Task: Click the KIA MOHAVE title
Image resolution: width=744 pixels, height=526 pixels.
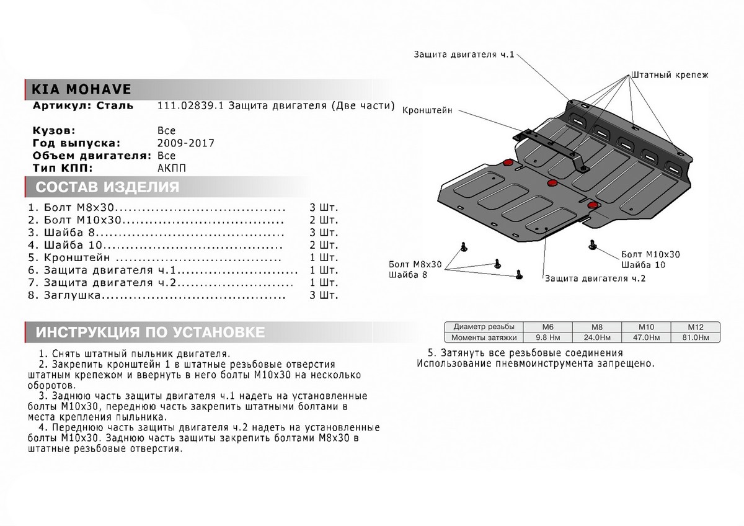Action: coord(77,89)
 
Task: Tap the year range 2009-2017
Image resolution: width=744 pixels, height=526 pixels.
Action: coord(187,143)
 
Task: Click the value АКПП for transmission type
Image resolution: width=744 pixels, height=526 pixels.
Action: coord(172,168)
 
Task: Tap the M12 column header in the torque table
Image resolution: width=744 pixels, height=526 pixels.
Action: coord(696,327)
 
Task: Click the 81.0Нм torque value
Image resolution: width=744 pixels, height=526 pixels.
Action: coord(696,337)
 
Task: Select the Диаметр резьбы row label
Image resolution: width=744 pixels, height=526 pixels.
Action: coord(483,327)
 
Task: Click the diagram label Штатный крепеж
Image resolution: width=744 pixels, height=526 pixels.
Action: coord(670,74)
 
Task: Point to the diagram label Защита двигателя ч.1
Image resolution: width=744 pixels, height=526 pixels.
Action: coord(464,55)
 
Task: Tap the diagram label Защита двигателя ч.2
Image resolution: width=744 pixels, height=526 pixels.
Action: coord(595,279)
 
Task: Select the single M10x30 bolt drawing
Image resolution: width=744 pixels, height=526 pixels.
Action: coord(591,247)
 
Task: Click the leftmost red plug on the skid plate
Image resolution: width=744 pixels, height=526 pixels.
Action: coord(508,163)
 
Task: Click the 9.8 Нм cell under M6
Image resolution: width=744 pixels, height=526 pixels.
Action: coord(547,337)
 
